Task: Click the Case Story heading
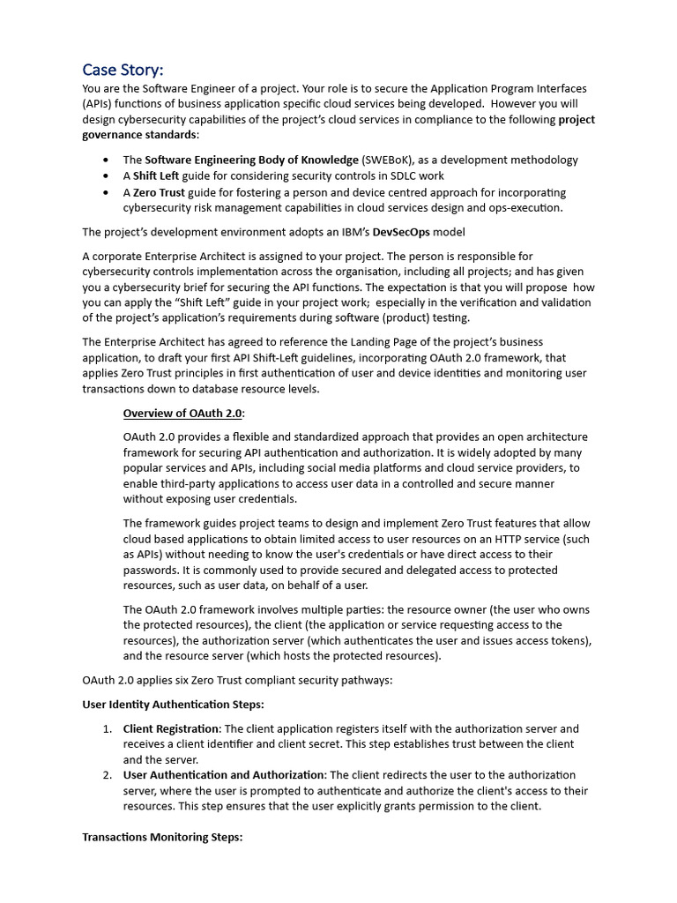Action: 123,70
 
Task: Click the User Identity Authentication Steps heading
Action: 173,704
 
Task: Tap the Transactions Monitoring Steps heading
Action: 161,837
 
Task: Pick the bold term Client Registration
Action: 171,728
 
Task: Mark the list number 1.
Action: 105,728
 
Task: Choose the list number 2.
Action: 105,775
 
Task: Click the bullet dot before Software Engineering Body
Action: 107,160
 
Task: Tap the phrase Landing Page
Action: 376,342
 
